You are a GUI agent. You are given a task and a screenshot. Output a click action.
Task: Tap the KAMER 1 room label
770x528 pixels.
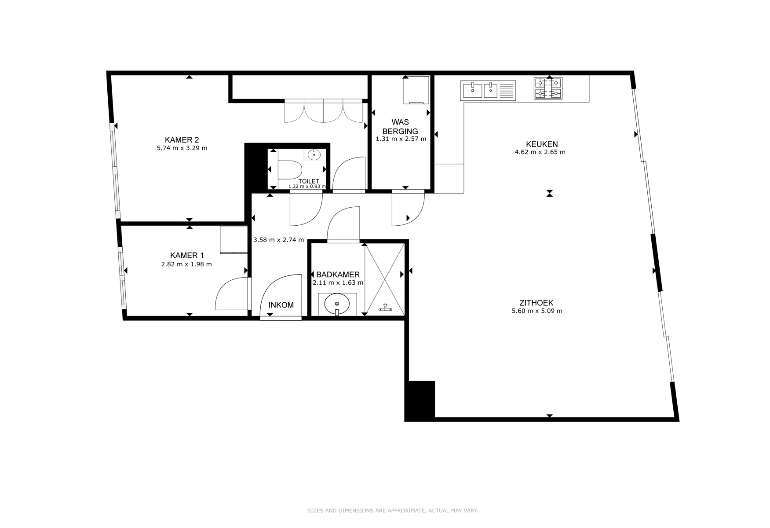187,256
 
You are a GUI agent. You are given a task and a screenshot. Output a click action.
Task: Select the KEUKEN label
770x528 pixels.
542,144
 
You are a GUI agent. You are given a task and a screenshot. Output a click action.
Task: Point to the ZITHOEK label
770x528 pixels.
536,303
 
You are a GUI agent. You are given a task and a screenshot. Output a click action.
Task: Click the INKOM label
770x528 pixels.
281,305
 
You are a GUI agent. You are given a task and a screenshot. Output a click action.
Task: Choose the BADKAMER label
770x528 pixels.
338,275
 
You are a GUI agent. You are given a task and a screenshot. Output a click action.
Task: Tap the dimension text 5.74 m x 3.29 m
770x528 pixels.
182,148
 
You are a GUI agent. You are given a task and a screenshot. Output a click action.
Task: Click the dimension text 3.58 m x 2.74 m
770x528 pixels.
279,240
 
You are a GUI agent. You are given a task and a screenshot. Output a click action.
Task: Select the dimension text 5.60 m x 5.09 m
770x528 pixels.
537,311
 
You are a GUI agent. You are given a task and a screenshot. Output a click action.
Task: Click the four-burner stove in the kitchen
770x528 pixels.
548,88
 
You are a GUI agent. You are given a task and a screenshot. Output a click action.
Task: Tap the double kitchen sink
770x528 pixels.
488,90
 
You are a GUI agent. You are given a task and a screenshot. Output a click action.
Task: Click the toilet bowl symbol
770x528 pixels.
289,170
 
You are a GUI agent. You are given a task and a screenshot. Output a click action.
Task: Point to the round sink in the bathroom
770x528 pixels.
337,304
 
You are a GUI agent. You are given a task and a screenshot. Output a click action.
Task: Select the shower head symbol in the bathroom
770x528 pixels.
385,308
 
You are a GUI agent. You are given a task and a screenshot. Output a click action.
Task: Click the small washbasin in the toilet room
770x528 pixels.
314,154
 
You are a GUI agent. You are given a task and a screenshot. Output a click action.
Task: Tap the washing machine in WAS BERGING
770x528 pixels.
416,90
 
